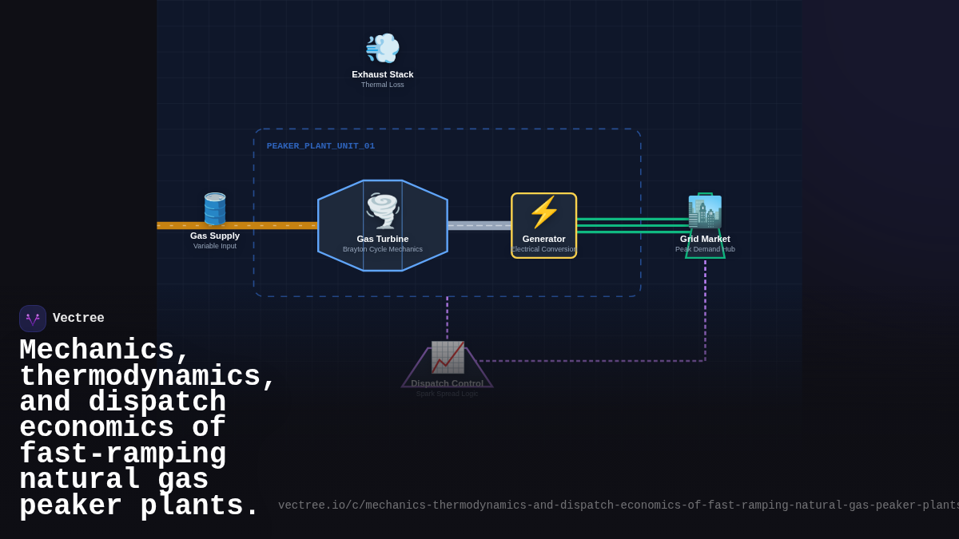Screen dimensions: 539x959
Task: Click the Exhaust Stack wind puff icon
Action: tap(382, 49)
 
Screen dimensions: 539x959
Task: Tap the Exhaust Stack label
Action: tap(383, 74)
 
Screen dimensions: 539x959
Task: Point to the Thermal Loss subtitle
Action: tap(383, 85)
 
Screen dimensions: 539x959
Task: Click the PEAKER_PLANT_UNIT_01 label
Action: tap(320, 146)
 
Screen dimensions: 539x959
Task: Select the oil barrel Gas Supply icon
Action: tap(215, 209)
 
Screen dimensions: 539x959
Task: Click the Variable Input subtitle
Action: tap(215, 246)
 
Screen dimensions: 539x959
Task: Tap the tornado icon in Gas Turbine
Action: tap(383, 210)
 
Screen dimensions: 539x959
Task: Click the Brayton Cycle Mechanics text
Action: tap(383, 249)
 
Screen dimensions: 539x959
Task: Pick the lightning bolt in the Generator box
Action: tap(544, 212)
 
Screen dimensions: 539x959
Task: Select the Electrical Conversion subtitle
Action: tap(544, 249)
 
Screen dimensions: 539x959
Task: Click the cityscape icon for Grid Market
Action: tap(705, 212)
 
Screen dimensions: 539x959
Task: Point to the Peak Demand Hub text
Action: tap(705, 249)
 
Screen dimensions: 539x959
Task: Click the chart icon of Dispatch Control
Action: tap(448, 357)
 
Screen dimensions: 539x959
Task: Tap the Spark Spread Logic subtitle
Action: tap(447, 394)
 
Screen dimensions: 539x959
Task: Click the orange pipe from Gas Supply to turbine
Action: tap(272, 226)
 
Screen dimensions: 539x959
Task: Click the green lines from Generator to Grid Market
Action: tap(631, 225)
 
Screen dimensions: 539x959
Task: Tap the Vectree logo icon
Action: tap(33, 319)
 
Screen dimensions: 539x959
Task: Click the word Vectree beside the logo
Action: tap(78, 319)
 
